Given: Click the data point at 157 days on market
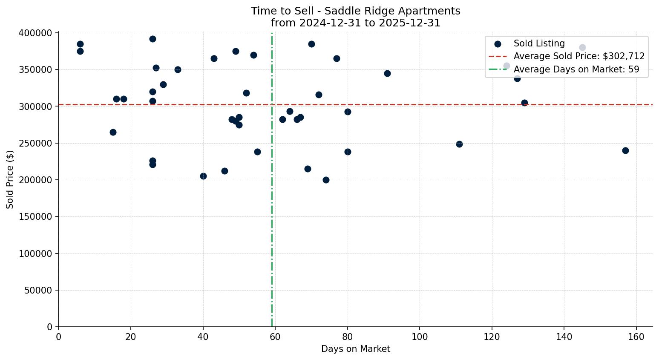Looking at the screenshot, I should pyautogui.click(x=625, y=150).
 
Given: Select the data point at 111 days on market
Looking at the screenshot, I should pyautogui.click(x=459, y=144).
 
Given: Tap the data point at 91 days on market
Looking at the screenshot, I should pyautogui.click(x=387, y=73).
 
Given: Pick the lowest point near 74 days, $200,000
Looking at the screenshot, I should pyautogui.click(x=326, y=180).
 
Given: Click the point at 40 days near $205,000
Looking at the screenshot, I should pyautogui.click(x=203, y=176).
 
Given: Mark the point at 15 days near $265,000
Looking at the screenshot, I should pyautogui.click(x=113, y=132).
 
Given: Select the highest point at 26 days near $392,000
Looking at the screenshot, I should pyautogui.click(x=153, y=39).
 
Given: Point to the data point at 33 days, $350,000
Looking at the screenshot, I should pyautogui.click(x=178, y=69).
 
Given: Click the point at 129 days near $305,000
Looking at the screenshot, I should pyautogui.click(x=524, y=103).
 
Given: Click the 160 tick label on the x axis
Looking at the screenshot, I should pyautogui.click(x=636, y=337).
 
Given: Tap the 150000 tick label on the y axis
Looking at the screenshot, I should pyautogui.click(x=36, y=217).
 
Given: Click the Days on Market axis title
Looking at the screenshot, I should pyautogui.click(x=355, y=349).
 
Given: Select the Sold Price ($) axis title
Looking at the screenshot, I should pyautogui.click(x=10, y=179).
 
